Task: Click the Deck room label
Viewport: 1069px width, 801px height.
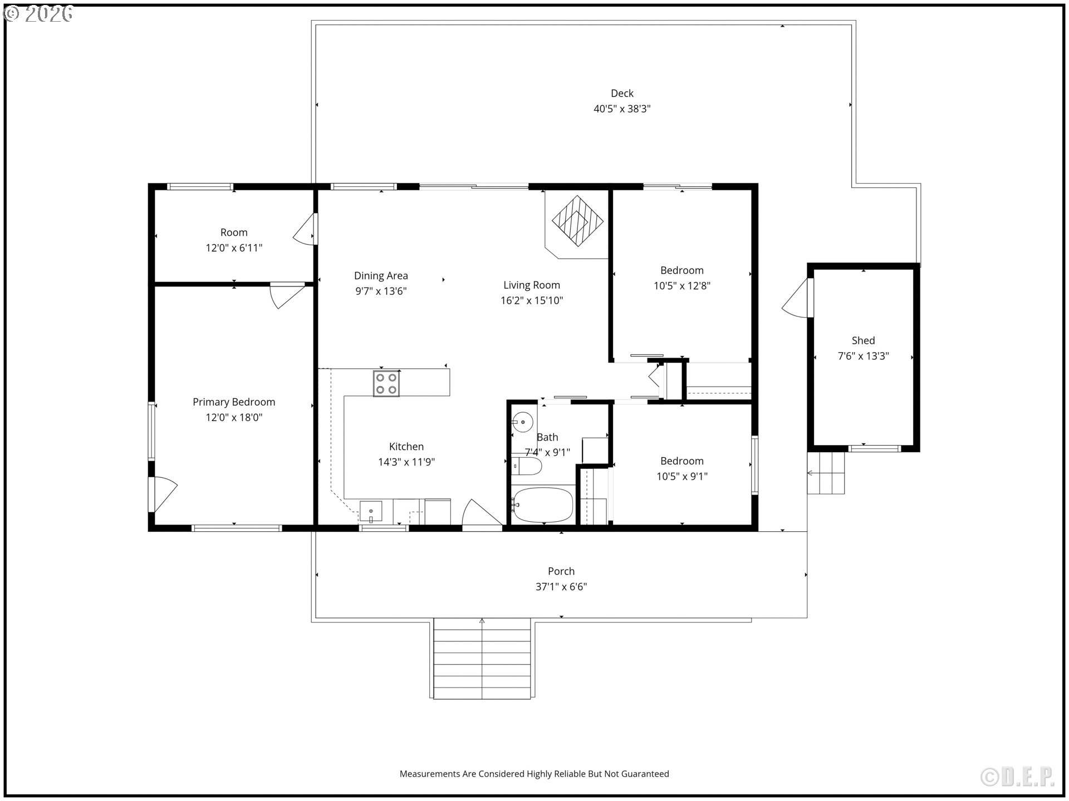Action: click(x=622, y=93)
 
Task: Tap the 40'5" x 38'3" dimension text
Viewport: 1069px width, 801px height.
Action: click(x=622, y=109)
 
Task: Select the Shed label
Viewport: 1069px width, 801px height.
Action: click(x=863, y=340)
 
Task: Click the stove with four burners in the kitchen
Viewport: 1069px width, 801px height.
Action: click(x=386, y=383)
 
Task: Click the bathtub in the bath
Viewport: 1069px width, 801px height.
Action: click(x=543, y=505)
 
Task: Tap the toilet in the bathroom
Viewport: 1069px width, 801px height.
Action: click(x=526, y=466)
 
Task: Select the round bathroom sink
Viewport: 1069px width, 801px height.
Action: click(x=522, y=423)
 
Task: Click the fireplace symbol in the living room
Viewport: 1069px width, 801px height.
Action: click(x=577, y=221)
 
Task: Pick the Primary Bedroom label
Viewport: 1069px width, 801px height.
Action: click(x=234, y=402)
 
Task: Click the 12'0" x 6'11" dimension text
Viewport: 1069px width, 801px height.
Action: click(x=234, y=248)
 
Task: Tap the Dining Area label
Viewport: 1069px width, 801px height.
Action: click(x=381, y=275)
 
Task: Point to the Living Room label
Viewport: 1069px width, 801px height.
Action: click(x=532, y=285)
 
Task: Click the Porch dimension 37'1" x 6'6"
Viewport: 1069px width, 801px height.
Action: click(x=561, y=587)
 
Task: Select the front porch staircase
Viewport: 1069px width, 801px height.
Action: click(x=482, y=658)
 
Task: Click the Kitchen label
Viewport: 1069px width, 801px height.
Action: click(x=406, y=447)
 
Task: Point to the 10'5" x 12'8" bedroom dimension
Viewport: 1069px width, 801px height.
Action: click(x=682, y=286)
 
